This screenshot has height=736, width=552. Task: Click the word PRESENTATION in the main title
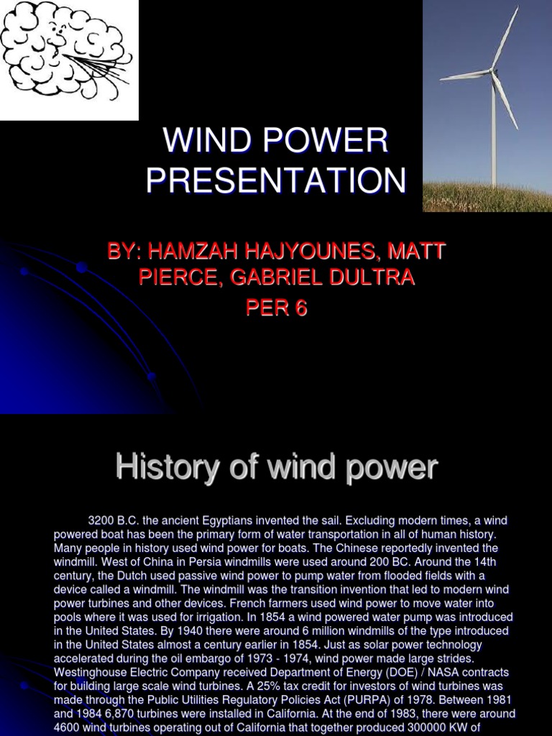(x=276, y=180)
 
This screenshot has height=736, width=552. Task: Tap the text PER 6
(x=276, y=308)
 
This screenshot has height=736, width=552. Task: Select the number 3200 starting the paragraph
(x=101, y=520)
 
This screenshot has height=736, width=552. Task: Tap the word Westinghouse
(x=90, y=672)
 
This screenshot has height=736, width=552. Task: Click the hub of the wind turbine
(x=492, y=70)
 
